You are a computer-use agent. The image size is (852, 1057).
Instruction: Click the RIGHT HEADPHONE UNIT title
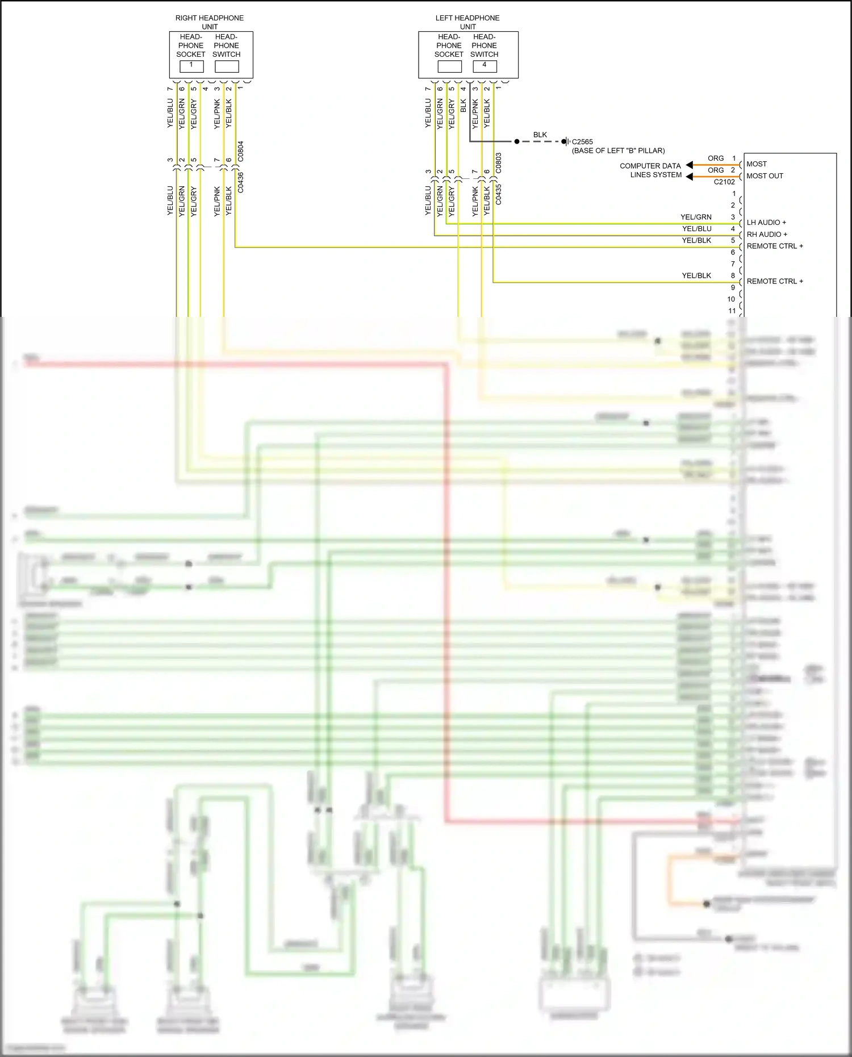209,22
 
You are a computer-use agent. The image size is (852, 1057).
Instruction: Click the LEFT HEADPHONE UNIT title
467,22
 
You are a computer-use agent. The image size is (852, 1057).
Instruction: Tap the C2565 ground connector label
582,142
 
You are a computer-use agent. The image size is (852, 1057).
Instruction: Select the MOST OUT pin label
765,176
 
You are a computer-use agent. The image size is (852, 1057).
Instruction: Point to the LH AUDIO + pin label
766,223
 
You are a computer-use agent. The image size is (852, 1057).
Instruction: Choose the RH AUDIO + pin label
767,235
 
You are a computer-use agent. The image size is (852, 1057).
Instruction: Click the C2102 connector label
724,182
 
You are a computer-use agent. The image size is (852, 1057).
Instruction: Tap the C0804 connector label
241,151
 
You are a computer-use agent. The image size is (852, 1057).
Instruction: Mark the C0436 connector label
241,182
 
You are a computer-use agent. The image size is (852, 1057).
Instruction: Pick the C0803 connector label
499,163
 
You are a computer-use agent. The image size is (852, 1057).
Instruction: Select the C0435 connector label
499,194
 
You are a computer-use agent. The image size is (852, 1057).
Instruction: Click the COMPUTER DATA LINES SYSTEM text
650,170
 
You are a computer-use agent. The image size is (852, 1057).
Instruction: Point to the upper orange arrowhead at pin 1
690,165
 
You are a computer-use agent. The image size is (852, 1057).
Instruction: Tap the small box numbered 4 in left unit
485,66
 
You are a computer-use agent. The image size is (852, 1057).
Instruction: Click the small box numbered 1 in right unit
191,66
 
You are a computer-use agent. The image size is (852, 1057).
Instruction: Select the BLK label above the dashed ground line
540,135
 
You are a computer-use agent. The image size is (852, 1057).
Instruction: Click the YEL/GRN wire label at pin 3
696,217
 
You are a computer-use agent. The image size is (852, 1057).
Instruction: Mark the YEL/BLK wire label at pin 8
696,275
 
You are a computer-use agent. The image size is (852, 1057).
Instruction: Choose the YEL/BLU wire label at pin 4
696,229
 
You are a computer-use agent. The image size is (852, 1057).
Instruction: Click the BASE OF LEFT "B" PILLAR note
618,151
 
